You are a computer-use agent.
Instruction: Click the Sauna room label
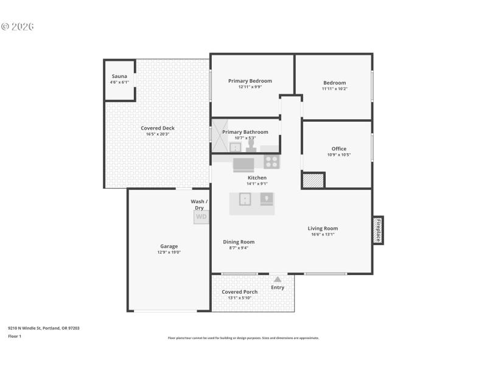[x=119, y=77]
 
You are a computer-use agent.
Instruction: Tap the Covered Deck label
[x=158, y=128]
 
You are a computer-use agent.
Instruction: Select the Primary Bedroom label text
[x=250, y=81]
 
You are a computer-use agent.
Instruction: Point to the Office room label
[x=339, y=148]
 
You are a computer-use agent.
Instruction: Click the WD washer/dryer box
[x=201, y=216]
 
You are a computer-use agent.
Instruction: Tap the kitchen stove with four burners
[x=272, y=162]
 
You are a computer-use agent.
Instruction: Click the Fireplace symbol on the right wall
[x=377, y=230]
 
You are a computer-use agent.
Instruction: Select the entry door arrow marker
[x=278, y=279]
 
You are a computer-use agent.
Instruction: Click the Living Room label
[x=323, y=229]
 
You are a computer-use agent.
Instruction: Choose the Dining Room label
[x=239, y=242]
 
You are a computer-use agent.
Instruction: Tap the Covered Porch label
[x=239, y=292]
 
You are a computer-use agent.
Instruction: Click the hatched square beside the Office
[x=313, y=181]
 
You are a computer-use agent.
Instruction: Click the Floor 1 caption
[x=15, y=336]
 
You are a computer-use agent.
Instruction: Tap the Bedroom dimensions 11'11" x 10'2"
[x=334, y=89]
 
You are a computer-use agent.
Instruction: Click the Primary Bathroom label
[x=245, y=132]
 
